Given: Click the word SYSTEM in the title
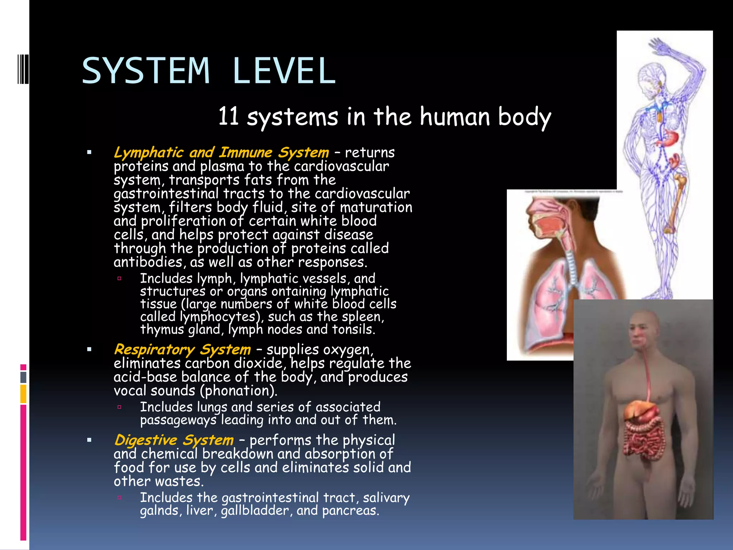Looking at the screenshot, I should point(146,71).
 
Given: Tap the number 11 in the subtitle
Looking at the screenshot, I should point(229,116).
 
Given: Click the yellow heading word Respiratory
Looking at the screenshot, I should point(154,350).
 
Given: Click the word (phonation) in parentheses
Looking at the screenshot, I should point(238,391).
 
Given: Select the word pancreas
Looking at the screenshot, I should point(350,511).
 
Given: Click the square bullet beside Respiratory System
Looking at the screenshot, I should point(89,349).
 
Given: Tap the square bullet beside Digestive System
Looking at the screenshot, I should point(89,440).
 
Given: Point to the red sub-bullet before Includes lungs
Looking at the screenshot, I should point(120,407).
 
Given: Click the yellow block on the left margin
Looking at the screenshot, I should point(23,394).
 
